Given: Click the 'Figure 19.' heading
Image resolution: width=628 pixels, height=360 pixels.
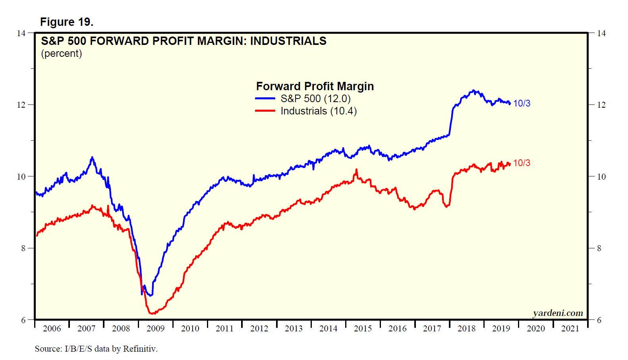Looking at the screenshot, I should pyautogui.click(x=67, y=22).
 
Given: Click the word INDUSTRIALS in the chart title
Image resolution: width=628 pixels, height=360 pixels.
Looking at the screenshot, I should pyautogui.click(x=288, y=41).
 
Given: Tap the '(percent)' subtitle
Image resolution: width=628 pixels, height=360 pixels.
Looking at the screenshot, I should pyautogui.click(x=62, y=53).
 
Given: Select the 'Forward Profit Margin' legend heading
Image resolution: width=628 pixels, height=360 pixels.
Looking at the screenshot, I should pyautogui.click(x=315, y=86).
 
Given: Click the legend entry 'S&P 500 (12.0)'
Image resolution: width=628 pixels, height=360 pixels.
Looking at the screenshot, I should pyautogui.click(x=315, y=99).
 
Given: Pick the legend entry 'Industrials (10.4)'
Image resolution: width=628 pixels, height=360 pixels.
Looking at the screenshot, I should pyautogui.click(x=319, y=111).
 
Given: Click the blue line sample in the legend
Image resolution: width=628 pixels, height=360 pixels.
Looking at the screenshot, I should pyautogui.click(x=265, y=99).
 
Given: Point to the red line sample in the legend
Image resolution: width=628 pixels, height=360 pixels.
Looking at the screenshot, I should pyautogui.click(x=265, y=111).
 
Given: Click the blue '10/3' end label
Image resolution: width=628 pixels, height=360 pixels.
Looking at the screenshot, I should pyautogui.click(x=522, y=103).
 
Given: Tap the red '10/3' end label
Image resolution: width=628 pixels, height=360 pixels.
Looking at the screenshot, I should pyautogui.click(x=522, y=163).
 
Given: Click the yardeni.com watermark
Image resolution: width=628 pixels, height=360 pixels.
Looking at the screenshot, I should pyautogui.click(x=558, y=313).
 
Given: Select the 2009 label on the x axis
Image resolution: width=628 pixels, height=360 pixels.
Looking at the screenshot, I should pyautogui.click(x=155, y=329).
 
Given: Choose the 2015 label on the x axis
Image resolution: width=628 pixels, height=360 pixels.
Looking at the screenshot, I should pyautogui.click(x=363, y=329).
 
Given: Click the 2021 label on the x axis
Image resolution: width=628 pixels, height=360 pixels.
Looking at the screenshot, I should pyautogui.click(x=570, y=329).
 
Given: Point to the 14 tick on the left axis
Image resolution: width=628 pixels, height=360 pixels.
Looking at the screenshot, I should pyautogui.click(x=21, y=33).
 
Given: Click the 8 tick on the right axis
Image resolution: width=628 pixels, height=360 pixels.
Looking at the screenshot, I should pyautogui.click(x=599, y=248).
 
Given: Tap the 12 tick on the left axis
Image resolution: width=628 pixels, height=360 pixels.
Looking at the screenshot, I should pyautogui.click(x=21, y=105).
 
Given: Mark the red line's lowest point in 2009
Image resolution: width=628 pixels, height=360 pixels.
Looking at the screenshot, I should pyautogui.click(x=152, y=314).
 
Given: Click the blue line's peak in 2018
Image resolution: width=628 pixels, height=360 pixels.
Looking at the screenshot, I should pyautogui.click(x=473, y=91).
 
